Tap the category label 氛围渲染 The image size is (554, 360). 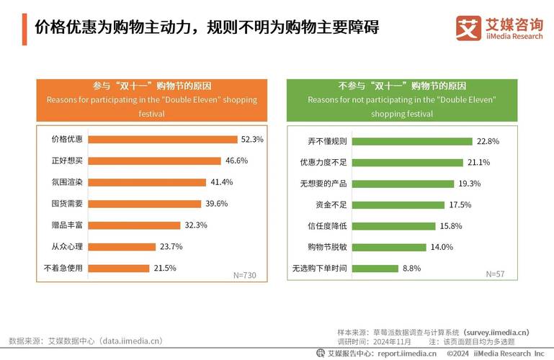click(67, 182)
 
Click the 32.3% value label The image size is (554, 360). click(196, 225)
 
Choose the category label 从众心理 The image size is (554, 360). click(67, 247)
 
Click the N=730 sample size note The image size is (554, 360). click(245, 275)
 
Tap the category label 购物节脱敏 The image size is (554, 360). click(323, 247)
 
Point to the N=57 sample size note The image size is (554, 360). click(495, 274)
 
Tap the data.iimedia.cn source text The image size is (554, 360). click(86, 341)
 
